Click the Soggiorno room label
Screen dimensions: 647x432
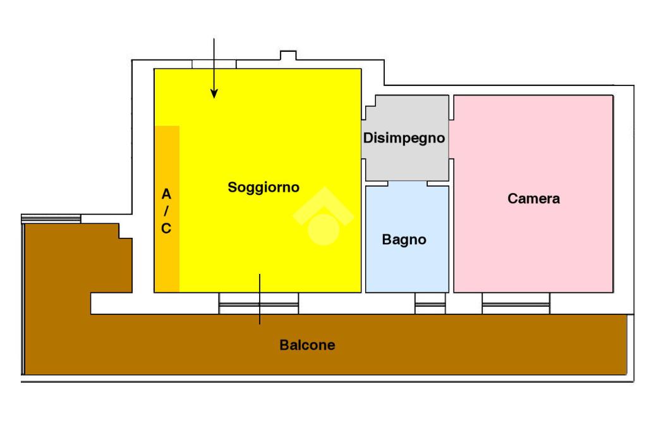click(263, 187)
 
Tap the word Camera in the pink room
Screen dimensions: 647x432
click(533, 199)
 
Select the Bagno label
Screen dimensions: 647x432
click(404, 240)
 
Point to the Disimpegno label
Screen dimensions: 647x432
click(404, 138)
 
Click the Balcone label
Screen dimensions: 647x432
click(308, 345)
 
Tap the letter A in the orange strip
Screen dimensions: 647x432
click(166, 194)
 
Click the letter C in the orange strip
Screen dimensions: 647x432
click(166, 228)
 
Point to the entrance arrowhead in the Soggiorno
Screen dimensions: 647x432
click(214, 94)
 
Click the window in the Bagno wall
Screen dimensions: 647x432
click(430, 304)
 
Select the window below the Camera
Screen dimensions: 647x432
click(516, 304)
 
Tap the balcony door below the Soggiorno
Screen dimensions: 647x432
click(258, 304)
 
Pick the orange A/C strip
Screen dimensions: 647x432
click(167, 209)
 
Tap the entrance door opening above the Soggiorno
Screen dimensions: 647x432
click(214, 64)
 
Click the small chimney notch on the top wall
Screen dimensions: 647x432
click(288, 55)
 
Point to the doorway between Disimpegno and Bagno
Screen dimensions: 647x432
click(408, 183)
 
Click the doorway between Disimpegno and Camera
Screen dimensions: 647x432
click(451, 139)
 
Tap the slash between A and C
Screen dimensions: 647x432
click(166, 211)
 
